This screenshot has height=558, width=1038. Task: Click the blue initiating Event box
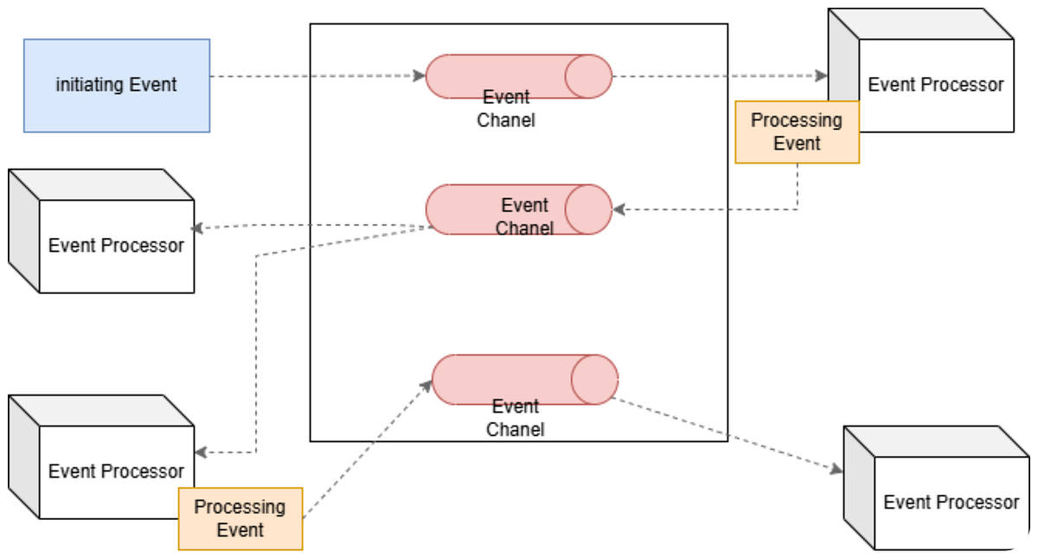[x=116, y=85]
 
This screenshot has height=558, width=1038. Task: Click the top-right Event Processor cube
[x=934, y=84]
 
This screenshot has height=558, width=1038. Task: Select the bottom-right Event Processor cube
[x=950, y=502]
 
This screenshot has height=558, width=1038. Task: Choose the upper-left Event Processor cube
[x=115, y=245]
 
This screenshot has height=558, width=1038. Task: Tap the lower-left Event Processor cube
[x=115, y=471]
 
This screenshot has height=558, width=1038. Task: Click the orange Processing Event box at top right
[x=797, y=131]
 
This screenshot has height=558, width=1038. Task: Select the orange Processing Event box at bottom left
[x=240, y=518]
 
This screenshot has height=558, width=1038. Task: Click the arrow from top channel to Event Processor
[x=718, y=76]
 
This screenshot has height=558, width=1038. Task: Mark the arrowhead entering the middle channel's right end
[x=618, y=209]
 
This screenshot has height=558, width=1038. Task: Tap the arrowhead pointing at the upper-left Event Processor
[x=197, y=228]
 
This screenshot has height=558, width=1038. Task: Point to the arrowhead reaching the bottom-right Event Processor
[x=836, y=470]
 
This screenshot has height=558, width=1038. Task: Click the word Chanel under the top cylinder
[x=506, y=120]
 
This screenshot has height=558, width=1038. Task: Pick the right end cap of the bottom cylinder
[x=594, y=379]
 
